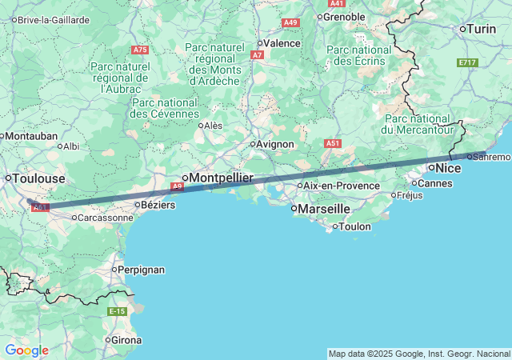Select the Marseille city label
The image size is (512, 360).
point(324,209)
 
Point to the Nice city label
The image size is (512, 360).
point(448,168)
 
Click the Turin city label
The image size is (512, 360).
point(482,29)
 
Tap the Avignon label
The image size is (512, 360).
point(276,144)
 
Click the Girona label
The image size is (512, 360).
point(126,340)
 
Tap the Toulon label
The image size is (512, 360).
point(355,226)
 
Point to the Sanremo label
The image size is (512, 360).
point(491,157)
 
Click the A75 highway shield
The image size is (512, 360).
point(140,50)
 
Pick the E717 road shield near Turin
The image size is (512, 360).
point(467,62)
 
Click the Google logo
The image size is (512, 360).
point(26,350)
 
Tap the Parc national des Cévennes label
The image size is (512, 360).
point(165,108)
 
